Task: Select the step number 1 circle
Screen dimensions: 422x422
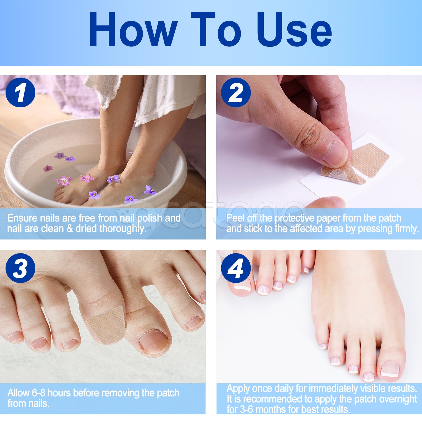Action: pos(20,93)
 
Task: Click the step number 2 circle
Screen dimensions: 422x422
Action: pos(236,93)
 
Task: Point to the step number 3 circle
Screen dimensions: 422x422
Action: pos(20,268)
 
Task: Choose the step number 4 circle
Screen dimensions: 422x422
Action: pos(236,268)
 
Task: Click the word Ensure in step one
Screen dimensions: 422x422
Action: pos(22,218)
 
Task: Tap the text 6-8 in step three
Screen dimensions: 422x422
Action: pos(39,393)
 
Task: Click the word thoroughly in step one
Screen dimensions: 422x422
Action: pos(123,229)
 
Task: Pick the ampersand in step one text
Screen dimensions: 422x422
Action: pos(70,229)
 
